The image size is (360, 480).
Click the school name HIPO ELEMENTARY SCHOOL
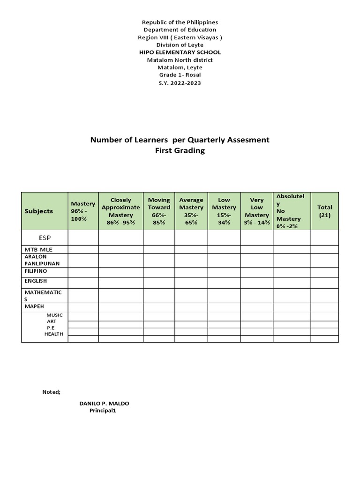(180, 52)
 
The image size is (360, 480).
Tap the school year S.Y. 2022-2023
(180, 82)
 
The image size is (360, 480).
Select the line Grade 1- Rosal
(180, 75)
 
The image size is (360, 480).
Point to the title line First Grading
(180, 151)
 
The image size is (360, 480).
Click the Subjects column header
(39, 211)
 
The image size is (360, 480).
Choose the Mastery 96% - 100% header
(83, 211)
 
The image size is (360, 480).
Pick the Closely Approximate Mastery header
(120, 211)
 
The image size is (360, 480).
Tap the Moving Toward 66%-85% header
(159, 211)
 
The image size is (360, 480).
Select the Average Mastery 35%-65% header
(191, 211)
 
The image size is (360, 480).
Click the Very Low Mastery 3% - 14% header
(257, 211)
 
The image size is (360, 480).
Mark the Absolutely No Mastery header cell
(292, 211)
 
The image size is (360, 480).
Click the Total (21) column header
(324, 211)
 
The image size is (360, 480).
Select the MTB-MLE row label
(39, 249)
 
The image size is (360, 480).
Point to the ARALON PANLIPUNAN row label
(42, 260)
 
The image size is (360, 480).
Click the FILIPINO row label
(36, 271)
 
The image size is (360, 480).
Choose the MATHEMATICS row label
(43, 295)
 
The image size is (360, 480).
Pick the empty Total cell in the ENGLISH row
(324, 283)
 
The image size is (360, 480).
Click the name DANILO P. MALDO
(105, 404)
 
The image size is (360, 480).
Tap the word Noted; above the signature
(52, 392)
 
